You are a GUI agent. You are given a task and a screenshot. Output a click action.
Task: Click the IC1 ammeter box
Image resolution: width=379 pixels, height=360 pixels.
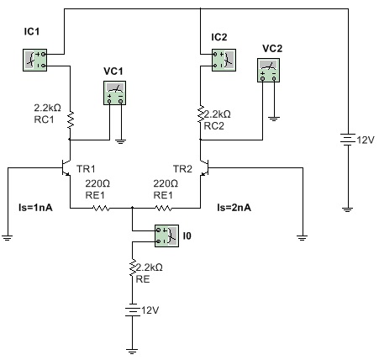click(34, 60)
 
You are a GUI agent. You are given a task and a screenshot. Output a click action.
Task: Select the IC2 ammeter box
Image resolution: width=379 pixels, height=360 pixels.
click(224, 60)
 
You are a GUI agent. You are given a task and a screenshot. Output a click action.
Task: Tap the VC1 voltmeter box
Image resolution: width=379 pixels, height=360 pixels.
click(115, 93)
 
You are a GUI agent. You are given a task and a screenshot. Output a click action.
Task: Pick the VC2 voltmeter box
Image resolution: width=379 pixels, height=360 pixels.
click(268, 70)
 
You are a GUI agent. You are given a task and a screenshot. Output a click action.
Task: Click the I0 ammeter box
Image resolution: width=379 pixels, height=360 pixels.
click(167, 236)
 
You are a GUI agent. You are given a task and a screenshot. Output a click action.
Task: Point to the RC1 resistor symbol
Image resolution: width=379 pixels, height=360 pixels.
click(70, 120)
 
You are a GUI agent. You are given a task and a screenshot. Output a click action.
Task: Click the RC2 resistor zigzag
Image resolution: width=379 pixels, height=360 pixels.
click(201, 114)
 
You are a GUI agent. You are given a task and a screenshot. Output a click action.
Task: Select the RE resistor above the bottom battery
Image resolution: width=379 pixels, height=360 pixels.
click(132, 267)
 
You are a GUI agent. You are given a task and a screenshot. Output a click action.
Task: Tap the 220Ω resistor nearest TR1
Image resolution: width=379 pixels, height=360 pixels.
click(101, 208)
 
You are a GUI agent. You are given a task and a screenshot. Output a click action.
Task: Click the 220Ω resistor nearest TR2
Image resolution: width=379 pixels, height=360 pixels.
click(163, 208)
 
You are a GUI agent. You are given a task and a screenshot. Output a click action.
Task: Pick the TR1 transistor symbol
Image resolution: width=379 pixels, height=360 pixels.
click(66, 167)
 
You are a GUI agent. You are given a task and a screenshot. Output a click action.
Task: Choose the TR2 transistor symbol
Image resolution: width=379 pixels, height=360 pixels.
click(204, 167)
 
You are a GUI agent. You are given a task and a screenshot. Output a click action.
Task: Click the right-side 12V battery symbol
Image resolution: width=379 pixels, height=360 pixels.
click(348, 140)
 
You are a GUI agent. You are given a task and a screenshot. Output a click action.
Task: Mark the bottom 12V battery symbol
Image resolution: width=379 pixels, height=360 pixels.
click(132, 310)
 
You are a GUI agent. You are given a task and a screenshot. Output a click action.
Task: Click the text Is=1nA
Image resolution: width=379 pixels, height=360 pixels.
click(35, 208)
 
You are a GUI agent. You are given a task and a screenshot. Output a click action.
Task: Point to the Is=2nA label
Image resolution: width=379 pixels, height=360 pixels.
click(234, 208)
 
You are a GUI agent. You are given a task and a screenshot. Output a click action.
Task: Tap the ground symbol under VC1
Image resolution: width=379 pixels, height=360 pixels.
click(121, 141)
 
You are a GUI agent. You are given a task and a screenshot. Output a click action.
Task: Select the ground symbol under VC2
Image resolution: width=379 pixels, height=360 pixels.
click(274, 119)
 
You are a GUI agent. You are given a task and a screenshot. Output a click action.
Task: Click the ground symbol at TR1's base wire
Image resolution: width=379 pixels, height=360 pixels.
click(8, 238)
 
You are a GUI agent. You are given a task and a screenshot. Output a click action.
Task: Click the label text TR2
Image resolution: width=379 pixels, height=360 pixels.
click(182, 169)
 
